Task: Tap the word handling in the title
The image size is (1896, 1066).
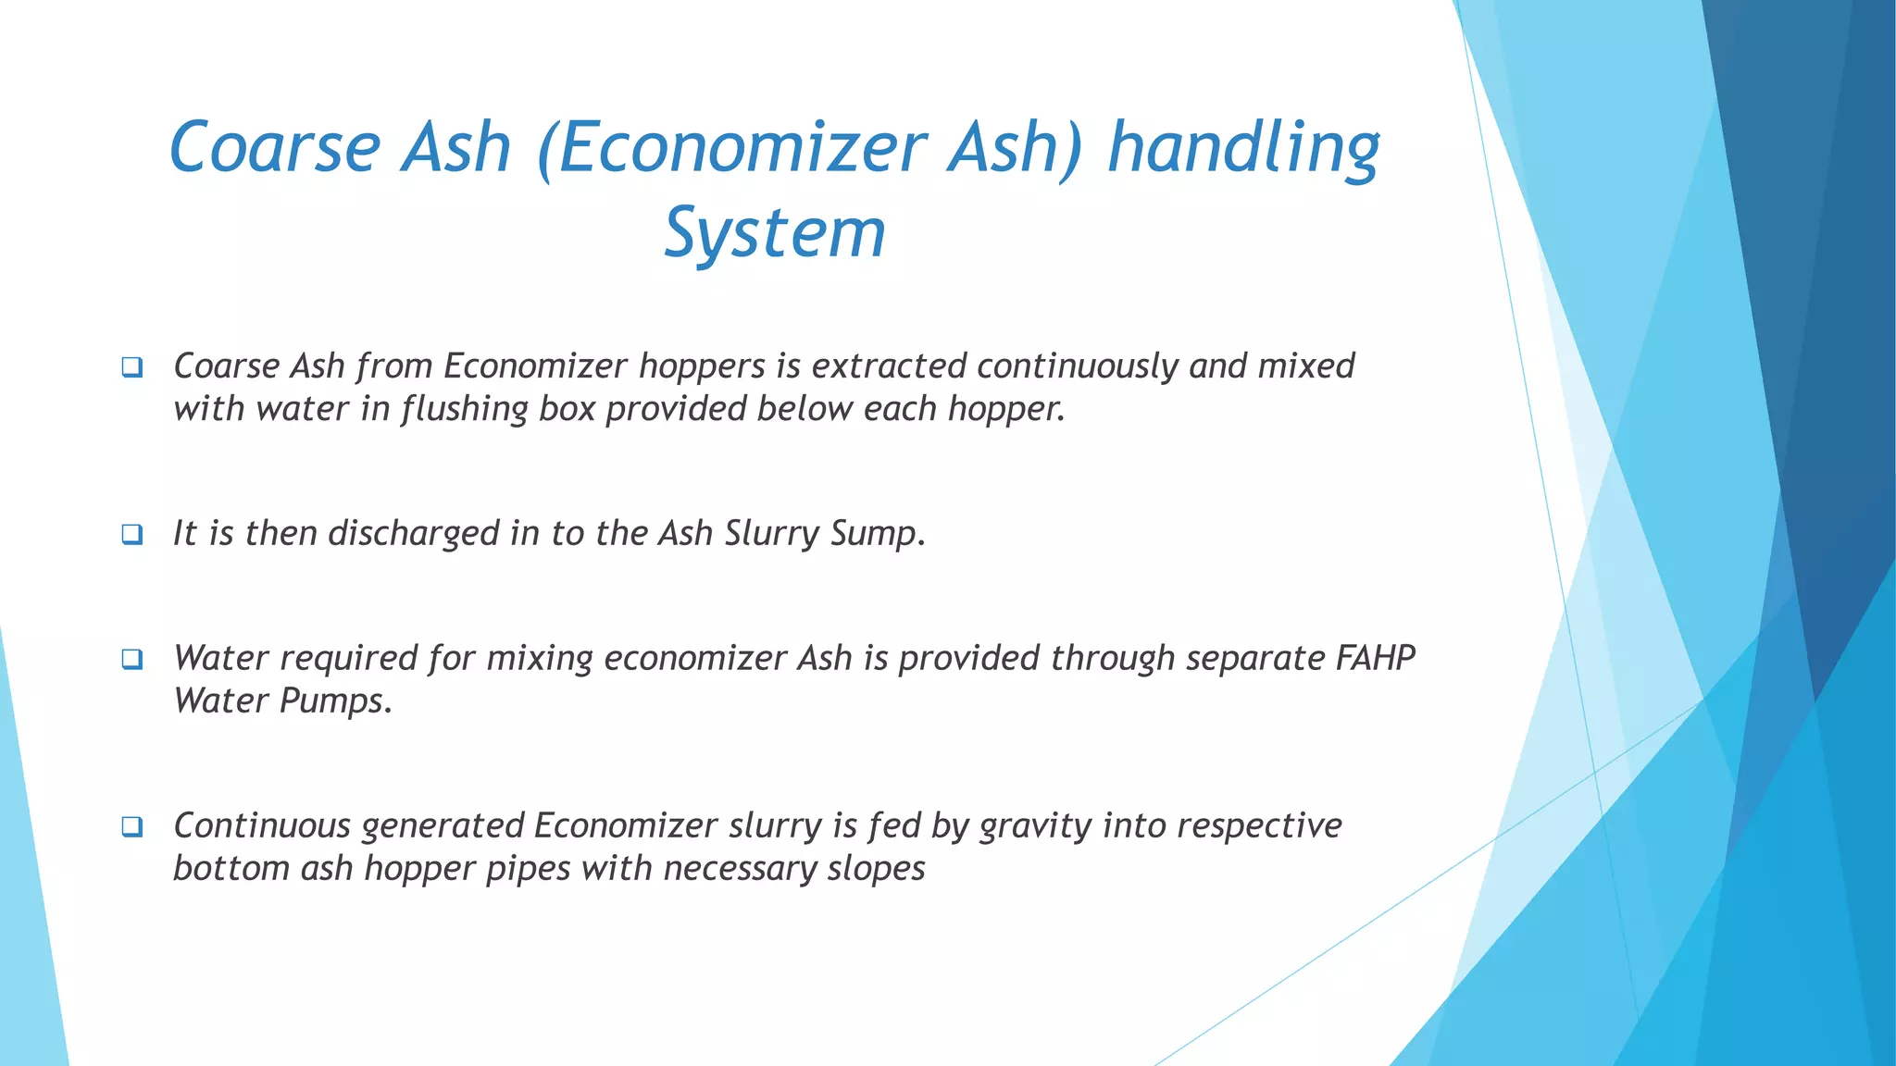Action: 1243,148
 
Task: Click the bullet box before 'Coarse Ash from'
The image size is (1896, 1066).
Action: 132,367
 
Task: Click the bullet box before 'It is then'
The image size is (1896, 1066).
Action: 132,535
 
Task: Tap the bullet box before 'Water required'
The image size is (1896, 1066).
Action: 132,660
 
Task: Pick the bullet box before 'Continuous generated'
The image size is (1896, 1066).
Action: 132,827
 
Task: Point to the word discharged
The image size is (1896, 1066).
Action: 414,534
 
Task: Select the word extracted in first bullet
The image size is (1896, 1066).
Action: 889,366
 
